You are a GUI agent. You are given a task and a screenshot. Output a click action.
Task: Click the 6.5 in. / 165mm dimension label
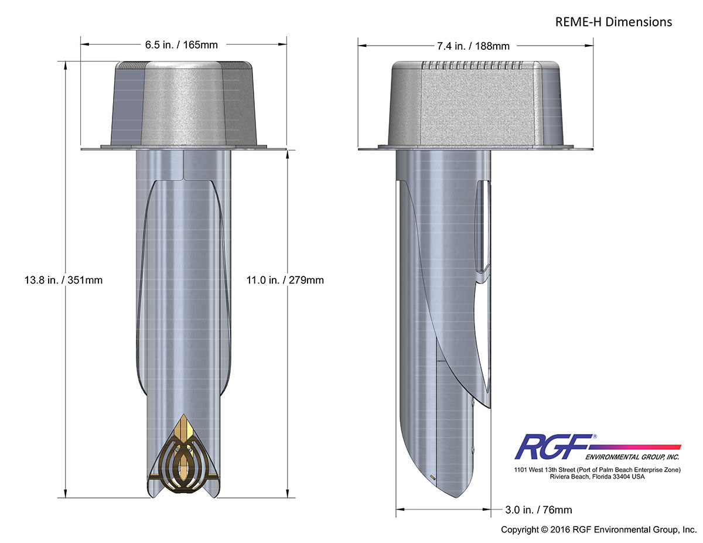(183, 45)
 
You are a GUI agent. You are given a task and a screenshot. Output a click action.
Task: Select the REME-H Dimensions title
(613, 22)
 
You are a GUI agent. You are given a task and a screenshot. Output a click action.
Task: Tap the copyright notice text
(598, 530)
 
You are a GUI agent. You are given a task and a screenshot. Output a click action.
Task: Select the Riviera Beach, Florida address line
(597, 477)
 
